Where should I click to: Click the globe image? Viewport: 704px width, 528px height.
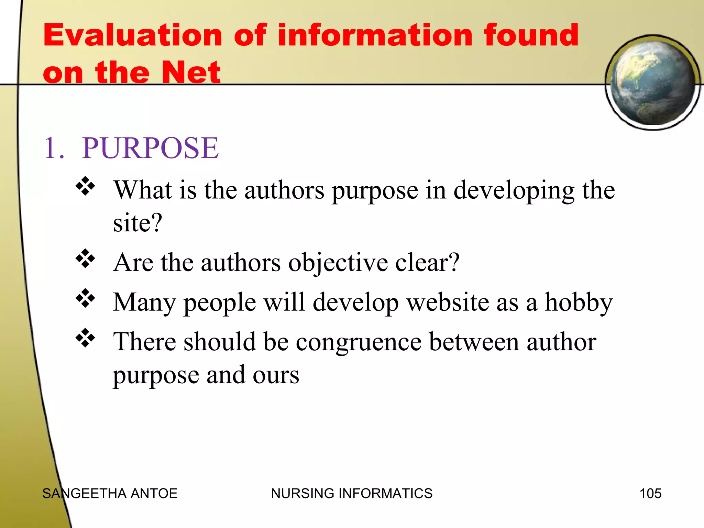[x=652, y=82]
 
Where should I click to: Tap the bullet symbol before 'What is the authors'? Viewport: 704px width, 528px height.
[x=85, y=186]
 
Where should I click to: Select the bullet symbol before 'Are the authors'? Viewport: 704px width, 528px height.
[x=85, y=258]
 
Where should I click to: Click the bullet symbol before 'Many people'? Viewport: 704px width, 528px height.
[x=85, y=298]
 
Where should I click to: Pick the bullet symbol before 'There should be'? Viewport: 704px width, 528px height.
[x=85, y=338]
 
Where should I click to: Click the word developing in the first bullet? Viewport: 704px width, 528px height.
[x=514, y=191]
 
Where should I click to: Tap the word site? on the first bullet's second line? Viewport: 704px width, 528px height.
[x=137, y=223]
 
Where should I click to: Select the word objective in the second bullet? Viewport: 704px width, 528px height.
[x=338, y=263]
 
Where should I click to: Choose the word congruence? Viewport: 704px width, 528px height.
[x=359, y=342]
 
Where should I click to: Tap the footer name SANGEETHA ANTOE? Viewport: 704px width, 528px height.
[x=110, y=494]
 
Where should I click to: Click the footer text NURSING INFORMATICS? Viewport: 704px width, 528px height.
[x=352, y=494]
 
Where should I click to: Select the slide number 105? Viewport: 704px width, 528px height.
[x=650, y=494]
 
